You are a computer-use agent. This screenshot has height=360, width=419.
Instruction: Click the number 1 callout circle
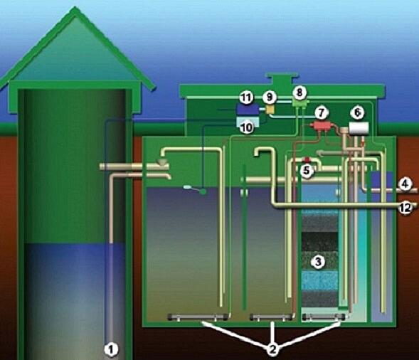tap(111, 349)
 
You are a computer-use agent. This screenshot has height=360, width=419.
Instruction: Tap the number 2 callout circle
tap(272, 349)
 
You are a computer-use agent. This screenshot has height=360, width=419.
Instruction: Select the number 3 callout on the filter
tap(318, 262)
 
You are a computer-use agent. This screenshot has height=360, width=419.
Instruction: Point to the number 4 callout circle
tap(405, 184)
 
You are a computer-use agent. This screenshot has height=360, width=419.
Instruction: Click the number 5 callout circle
tap(307, 171)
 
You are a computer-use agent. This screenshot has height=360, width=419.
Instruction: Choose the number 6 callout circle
tap(357, 112)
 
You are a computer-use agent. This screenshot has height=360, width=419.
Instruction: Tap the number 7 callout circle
tap(322, 113)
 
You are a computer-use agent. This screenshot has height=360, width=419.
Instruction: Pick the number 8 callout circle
tap(299, 92)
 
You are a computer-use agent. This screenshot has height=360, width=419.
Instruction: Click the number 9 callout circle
tap(270, 97)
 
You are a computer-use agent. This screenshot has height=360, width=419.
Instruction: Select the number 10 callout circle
tap(246, 127)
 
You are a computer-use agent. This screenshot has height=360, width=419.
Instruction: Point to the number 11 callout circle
tap(246, 97)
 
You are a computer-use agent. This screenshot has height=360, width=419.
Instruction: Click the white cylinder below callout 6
tap(359, 128)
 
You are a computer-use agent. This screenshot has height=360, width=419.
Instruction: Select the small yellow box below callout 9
tap(270, 109)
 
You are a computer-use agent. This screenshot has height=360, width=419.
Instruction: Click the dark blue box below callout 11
tap(248, 110)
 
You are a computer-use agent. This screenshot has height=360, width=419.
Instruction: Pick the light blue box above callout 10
tap(248, 121)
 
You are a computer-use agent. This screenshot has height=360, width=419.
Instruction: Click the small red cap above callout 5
tap(307, 159)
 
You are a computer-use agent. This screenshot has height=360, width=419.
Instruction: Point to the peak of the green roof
tap(75, 8)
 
